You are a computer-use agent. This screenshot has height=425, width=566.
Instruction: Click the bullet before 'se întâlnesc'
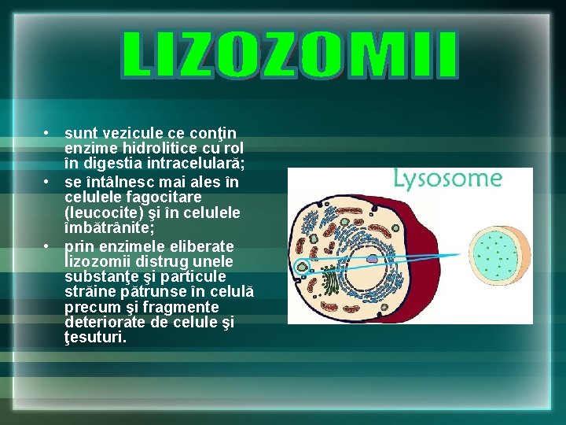click(48, 182)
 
